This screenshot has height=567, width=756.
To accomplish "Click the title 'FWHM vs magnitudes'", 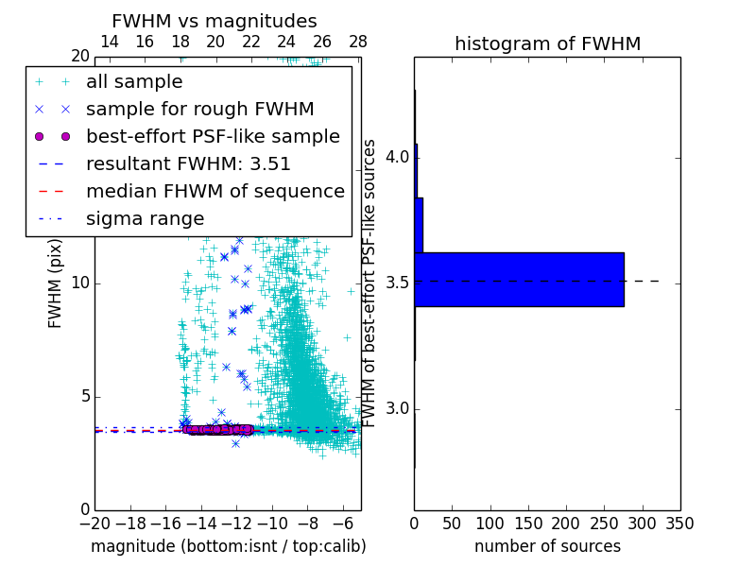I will [x=215, y=21].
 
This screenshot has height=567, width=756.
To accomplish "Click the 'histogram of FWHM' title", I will [x=547, y=43].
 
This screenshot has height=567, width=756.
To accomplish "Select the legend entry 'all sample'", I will [x=134, y=82].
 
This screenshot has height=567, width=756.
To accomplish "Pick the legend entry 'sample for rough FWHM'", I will [x=199, y=110].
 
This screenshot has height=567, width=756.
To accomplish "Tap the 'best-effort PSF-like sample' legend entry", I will [x=213, y=137].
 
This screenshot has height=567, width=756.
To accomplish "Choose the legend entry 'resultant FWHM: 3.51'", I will [x=188, y=164].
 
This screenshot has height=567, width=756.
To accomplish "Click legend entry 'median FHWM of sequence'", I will [x=215, y=192].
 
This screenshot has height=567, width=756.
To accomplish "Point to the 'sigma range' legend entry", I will [x=145, y=219].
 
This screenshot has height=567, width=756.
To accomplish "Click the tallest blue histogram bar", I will [x=519, y=280].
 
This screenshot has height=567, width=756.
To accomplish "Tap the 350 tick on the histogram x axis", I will [x=680, y=524].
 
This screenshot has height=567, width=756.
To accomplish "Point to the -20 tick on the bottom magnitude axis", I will [x=94, y=524].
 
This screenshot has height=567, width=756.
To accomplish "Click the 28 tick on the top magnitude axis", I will [x=358, y=42].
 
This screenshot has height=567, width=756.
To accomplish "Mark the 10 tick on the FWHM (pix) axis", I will [x=79, y=283].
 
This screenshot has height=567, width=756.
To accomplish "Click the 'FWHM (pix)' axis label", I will [x=56, y=283].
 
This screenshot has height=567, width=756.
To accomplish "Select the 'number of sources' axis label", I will [x=547, y=546].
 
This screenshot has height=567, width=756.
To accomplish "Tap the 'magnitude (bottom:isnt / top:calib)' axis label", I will [x=228, y=546].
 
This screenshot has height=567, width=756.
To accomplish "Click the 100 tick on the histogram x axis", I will [x=490, y=524].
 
